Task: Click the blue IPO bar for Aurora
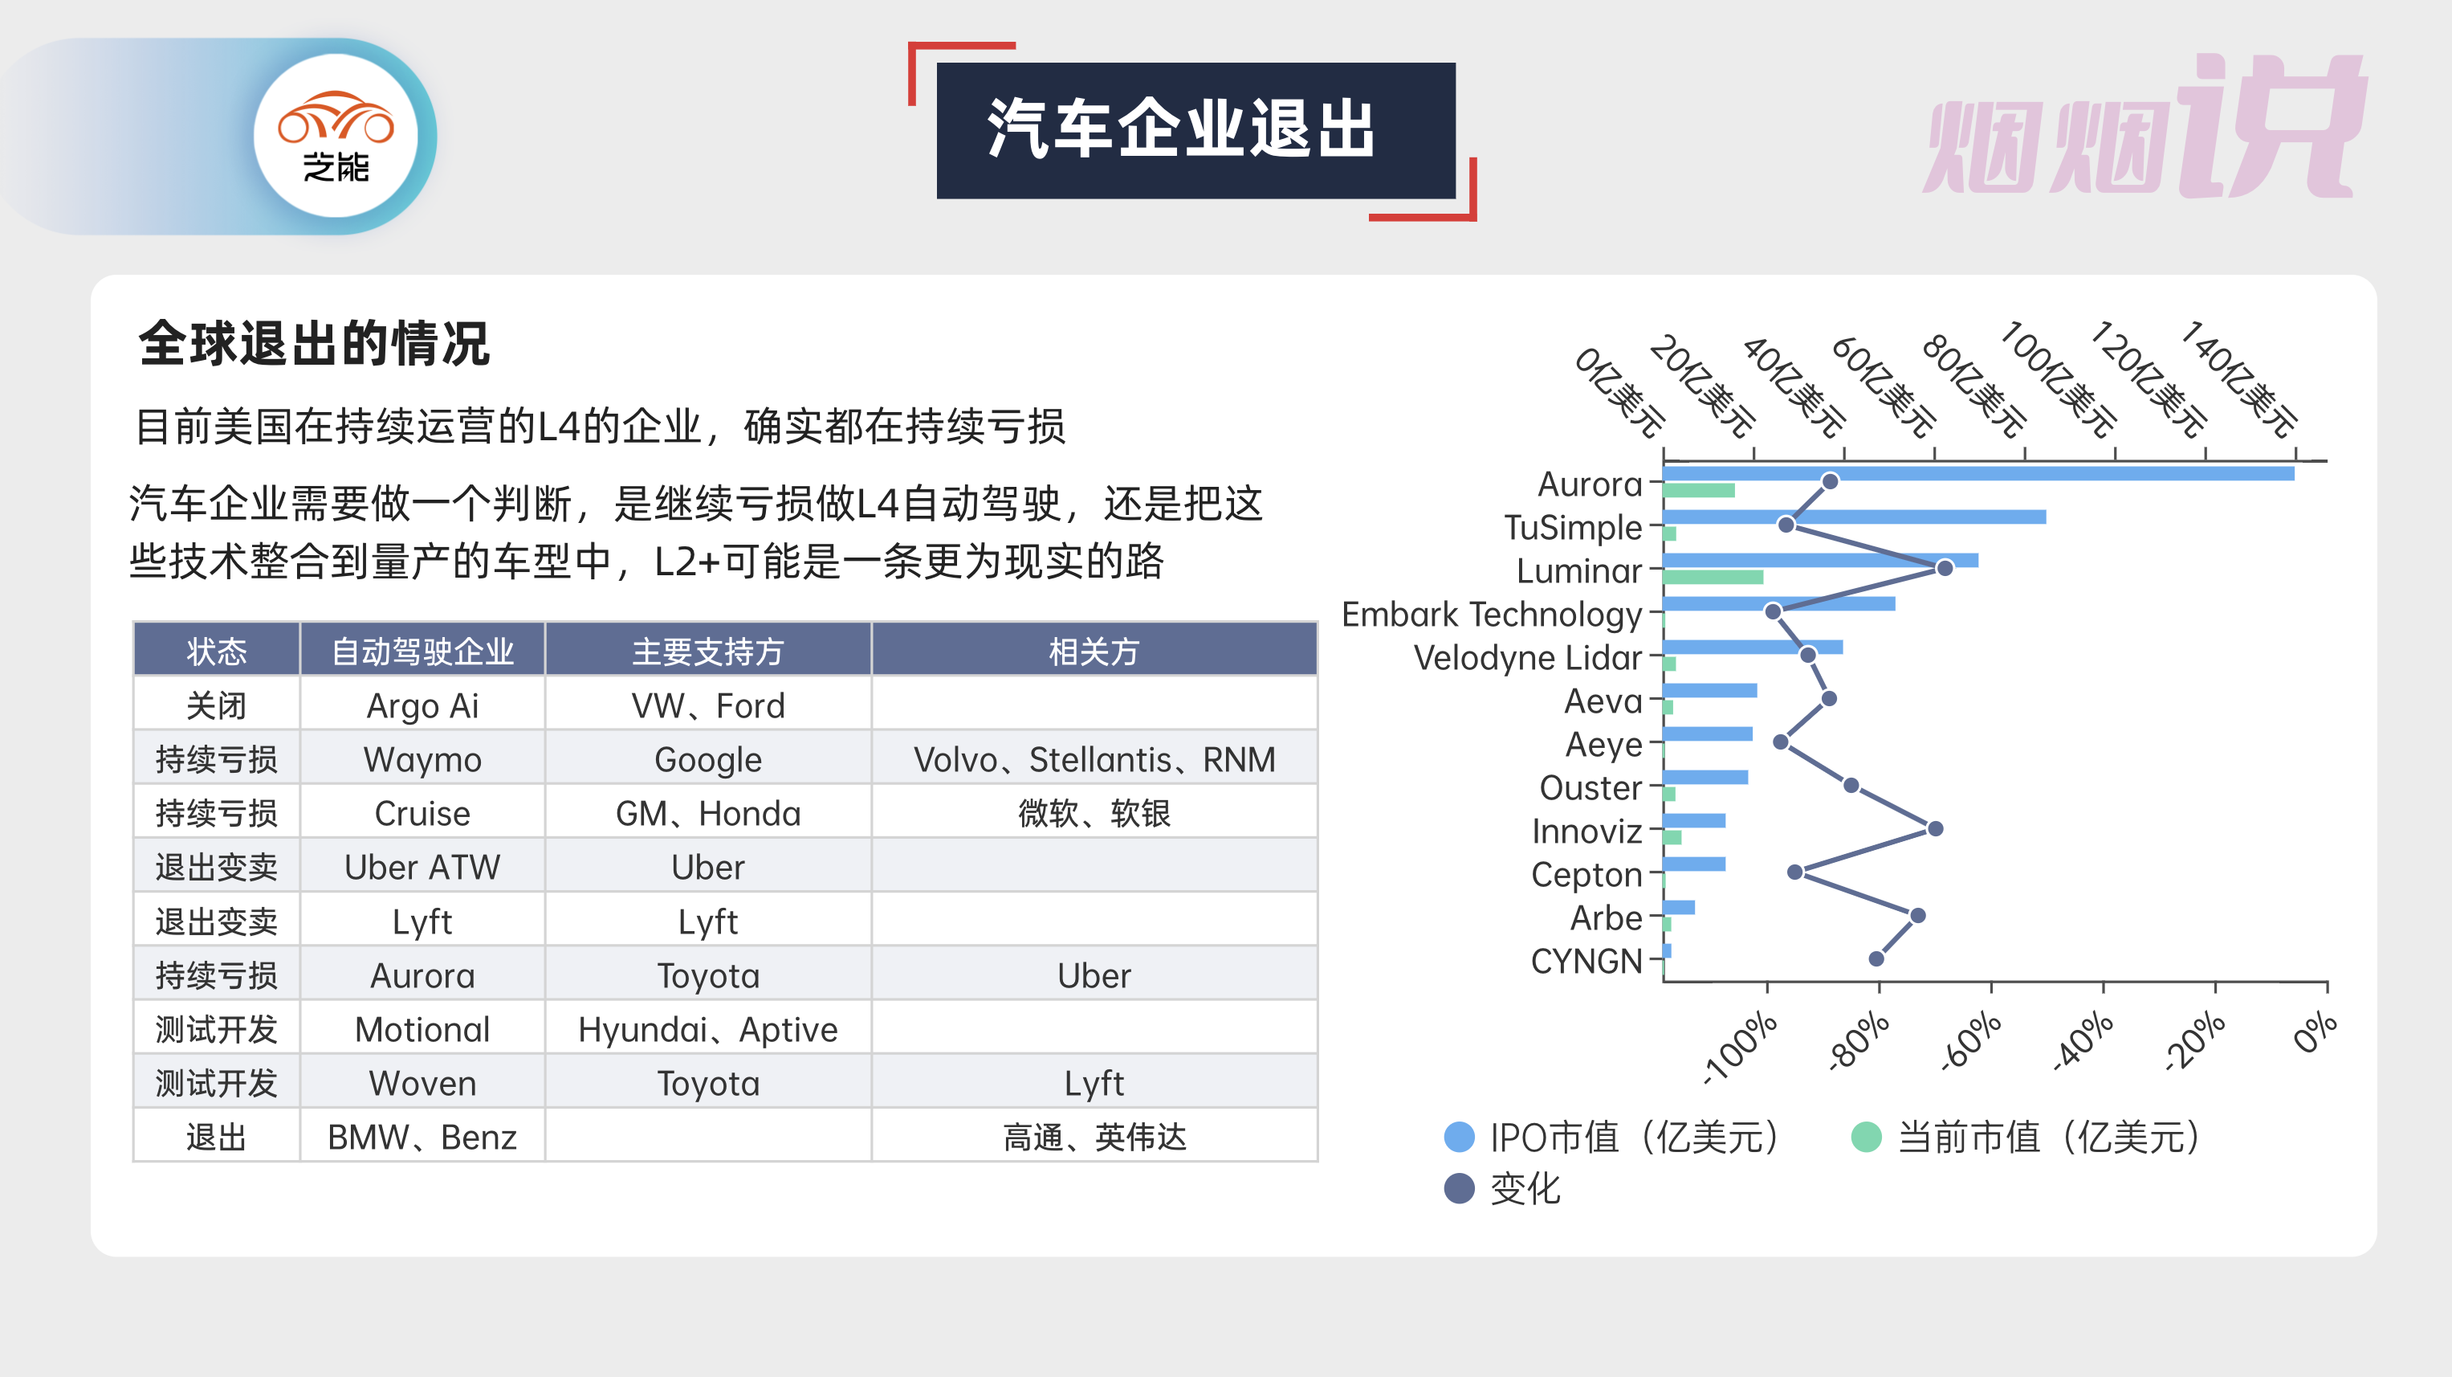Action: point(1978,473)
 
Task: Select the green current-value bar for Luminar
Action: point(1713,577)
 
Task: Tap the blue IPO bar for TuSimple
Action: point(1854,517)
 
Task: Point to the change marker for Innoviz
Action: point(1934,828)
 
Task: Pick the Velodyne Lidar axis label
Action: point(1528,657)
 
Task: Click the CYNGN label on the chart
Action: point(1586,961)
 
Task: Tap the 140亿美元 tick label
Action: point(2238,378)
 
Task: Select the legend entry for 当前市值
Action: point(2027,1137)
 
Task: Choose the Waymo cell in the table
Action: point(422,759)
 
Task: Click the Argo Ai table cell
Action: point(422,705)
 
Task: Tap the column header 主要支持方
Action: point(707,652)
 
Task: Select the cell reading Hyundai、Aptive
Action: point(707,1029)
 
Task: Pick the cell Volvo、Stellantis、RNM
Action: point(1094,759)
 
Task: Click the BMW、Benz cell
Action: point(422,1137)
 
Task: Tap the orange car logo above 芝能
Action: point(335,118)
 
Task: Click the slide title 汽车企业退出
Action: point(1180,129)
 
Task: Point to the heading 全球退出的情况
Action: point(313,343)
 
